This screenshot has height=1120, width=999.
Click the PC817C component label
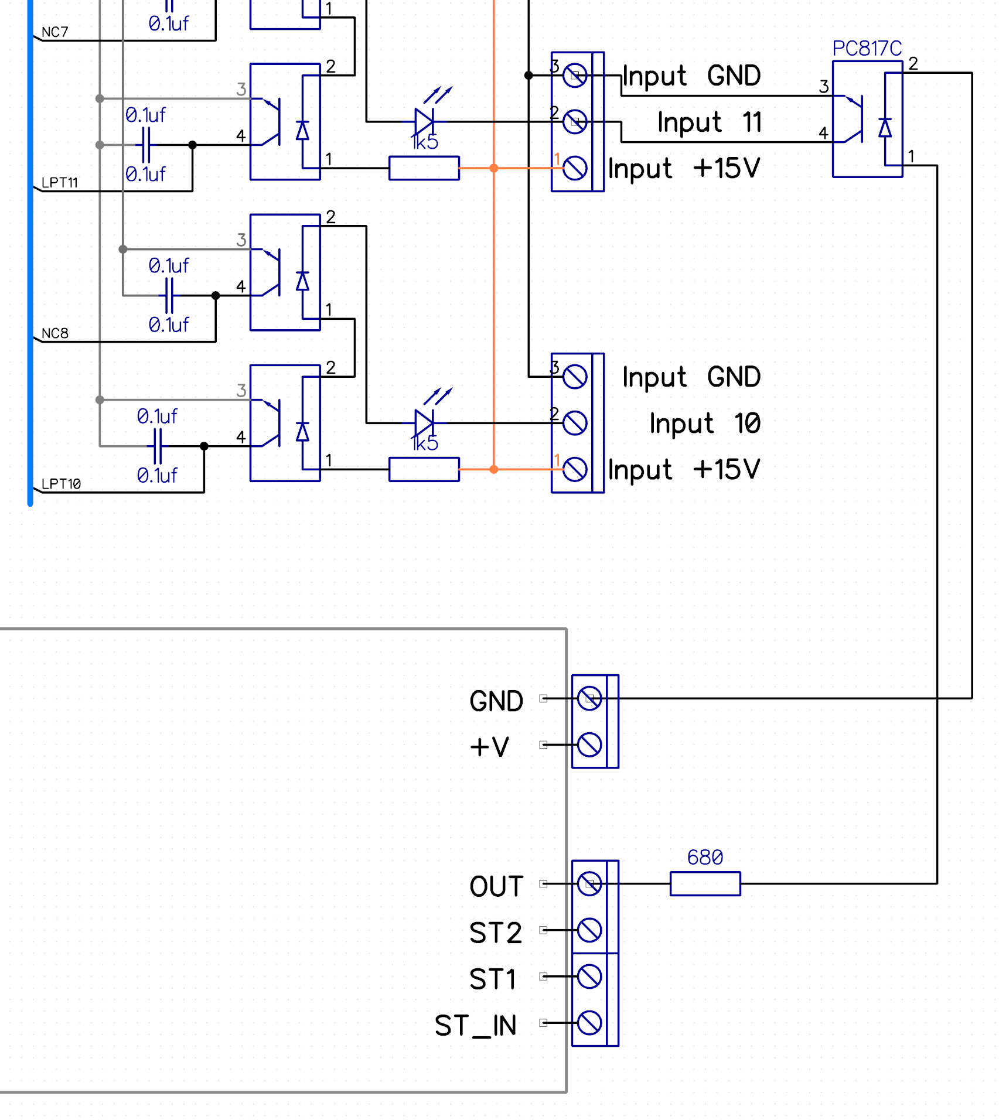[x=867, y=48]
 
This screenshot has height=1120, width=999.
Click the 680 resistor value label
[x=705, y=857]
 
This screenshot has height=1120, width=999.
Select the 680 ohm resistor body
[x=705, y=883]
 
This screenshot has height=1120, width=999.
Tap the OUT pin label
[x=496, y=886]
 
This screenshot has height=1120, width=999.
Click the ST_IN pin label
[x=475, y=1026]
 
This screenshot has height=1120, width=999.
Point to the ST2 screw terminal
[x=589, y=930]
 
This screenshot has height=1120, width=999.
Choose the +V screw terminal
[x=589, y=745]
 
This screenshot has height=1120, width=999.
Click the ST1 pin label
[x=493, y=979]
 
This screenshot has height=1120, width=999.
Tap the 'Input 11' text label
[x=709, y=122]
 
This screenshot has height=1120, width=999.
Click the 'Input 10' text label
[x=704, y=423]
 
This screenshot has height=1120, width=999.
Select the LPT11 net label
[x=59, y=183]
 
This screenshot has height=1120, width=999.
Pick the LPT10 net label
[x=61, y=484]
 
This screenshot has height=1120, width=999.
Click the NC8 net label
[x=55, y=333]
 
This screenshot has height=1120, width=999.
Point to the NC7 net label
[x=55, y=32]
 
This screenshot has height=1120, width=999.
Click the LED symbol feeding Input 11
[x=425, y=121]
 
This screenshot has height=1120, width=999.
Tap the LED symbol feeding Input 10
[x=425, y=422]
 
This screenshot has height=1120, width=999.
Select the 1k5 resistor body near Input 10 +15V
[x=424, y=469]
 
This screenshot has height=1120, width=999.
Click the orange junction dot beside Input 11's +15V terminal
[x=494, y=168]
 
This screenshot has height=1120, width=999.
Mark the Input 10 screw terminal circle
[x=575, y=423]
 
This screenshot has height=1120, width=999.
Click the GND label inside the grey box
[x=496, y=701]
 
